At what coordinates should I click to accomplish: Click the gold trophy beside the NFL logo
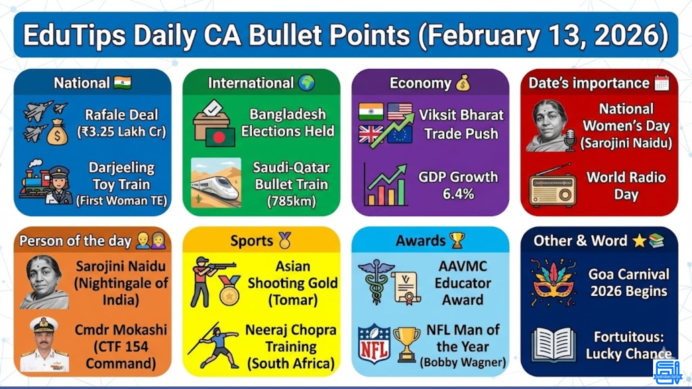[407, 344]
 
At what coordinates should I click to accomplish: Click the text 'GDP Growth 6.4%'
[458, 185]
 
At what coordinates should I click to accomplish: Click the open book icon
[553, 345]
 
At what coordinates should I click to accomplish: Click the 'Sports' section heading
[252, 241]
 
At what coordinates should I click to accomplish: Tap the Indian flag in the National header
[123, 83]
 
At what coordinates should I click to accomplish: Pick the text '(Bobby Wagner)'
[463, 362]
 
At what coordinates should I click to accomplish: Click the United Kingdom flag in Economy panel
[371, 134]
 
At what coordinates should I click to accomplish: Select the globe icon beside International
[306, 83]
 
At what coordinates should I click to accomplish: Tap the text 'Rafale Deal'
[121, 115]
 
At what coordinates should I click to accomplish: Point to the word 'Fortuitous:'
[629, 337]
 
